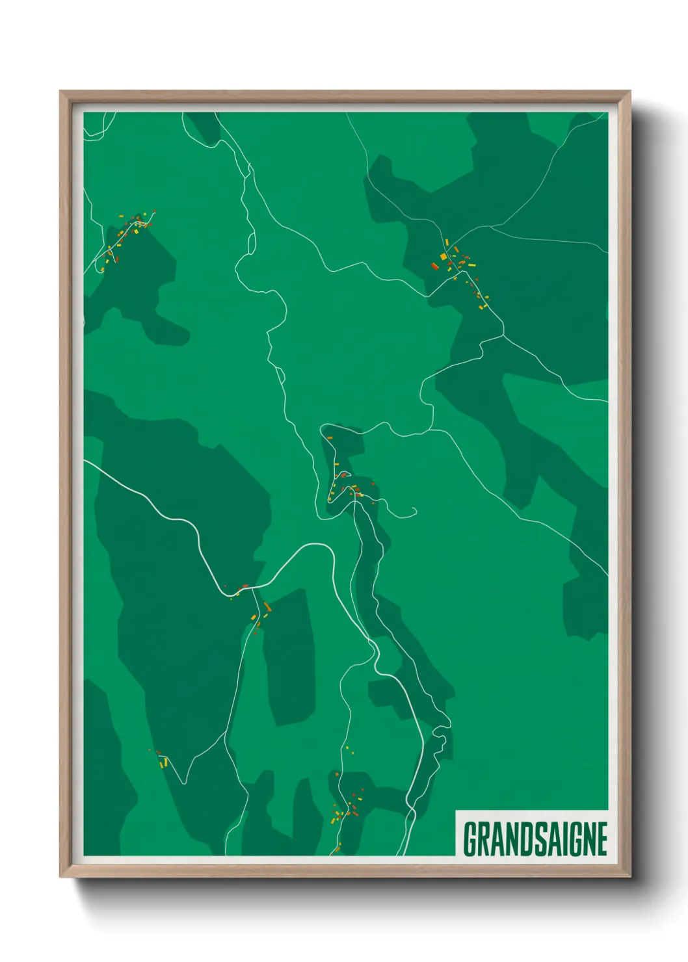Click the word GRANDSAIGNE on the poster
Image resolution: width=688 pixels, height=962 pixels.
[x=535, y=838]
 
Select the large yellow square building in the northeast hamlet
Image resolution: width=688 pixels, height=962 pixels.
[x=443, y=257]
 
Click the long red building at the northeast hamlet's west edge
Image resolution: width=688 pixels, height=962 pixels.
[x=434, y=266]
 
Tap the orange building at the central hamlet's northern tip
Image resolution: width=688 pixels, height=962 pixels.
[x=329, y=438]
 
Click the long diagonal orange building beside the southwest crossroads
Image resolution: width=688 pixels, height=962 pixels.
[x=267, y=607]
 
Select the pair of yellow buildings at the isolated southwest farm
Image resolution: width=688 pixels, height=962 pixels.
[x=164, y=762]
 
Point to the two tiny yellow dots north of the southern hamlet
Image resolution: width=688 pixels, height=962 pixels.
[x=348, y=749]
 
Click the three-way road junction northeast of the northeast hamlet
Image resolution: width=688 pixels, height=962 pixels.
[x=492, y=227]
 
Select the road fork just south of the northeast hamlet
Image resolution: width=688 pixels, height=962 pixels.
[x=503, y=335]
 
